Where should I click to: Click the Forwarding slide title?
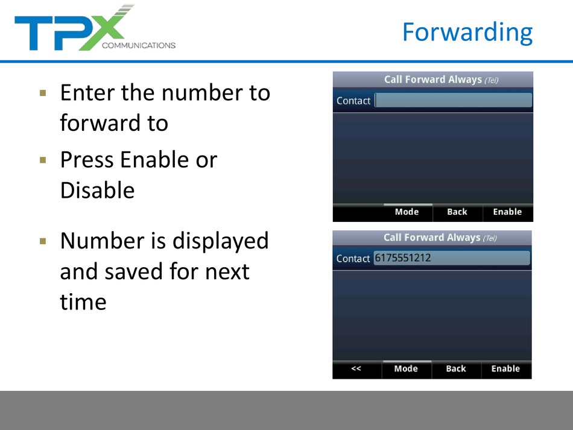(467, 33)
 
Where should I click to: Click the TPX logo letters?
(73, 28)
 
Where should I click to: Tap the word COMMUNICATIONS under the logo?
(139, 45)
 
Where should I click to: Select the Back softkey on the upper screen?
(457, 212)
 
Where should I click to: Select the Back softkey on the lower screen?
(456, 368)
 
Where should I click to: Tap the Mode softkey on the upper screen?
(407, 212)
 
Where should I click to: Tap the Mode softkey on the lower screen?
(406, 368)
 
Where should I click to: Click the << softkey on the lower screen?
(356, 368)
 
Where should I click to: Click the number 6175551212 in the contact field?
(403, 258)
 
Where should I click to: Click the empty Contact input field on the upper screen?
(454, 100)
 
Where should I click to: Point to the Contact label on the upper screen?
(353, 101)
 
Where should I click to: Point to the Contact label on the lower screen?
(353, 259)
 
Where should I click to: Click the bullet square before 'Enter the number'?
(43, 93)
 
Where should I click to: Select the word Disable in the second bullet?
(98, 191)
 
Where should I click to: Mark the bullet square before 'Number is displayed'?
(43, 241)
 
